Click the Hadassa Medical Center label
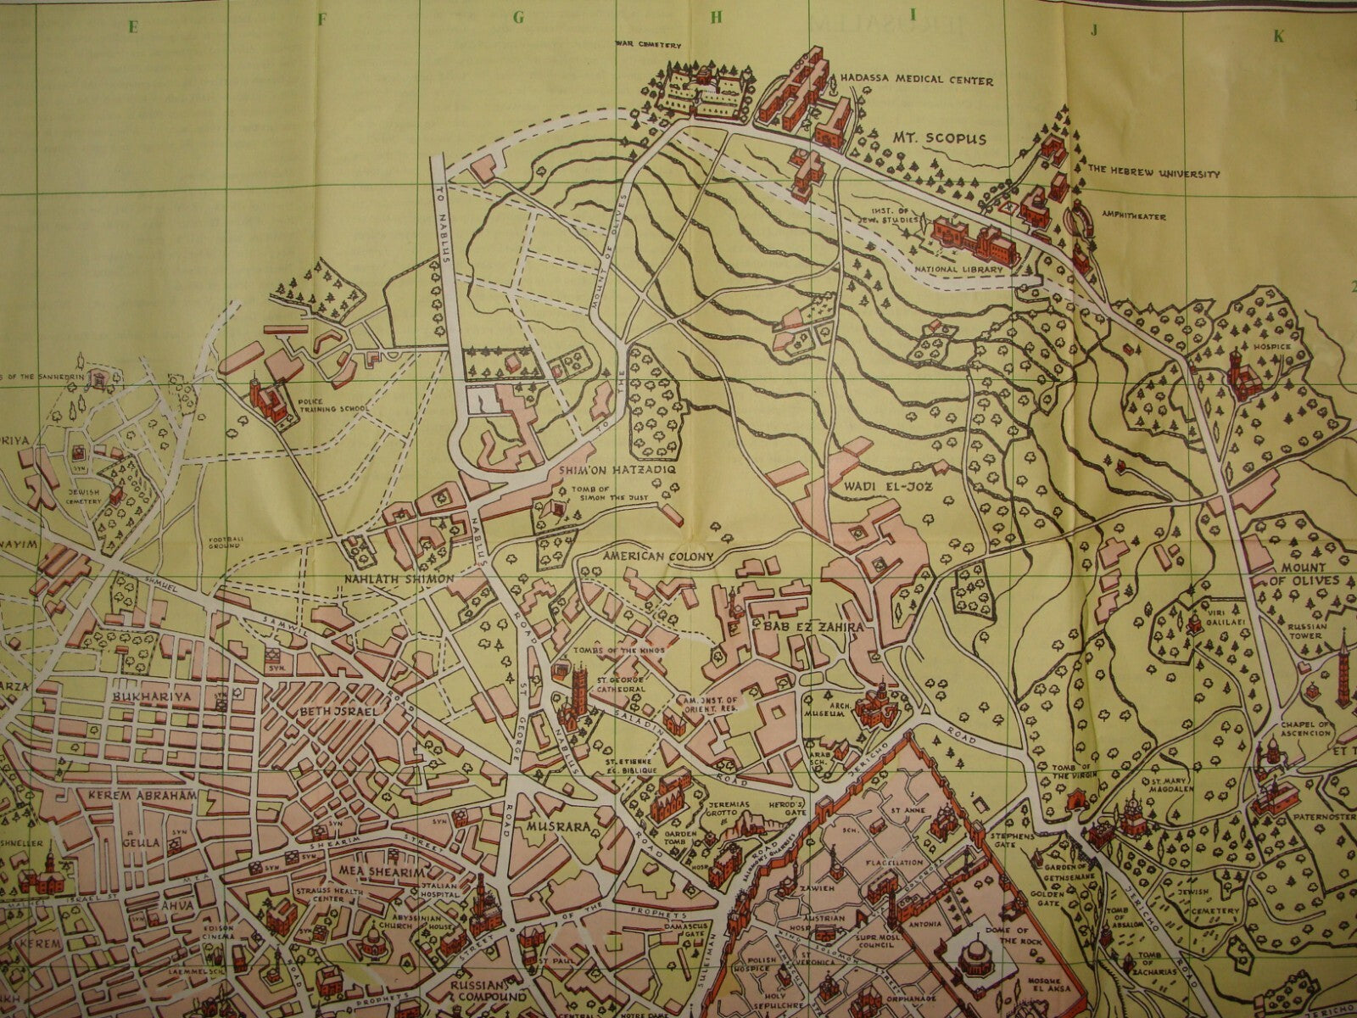(x=916, y=81)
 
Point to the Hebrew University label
(x=1153, y=174)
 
